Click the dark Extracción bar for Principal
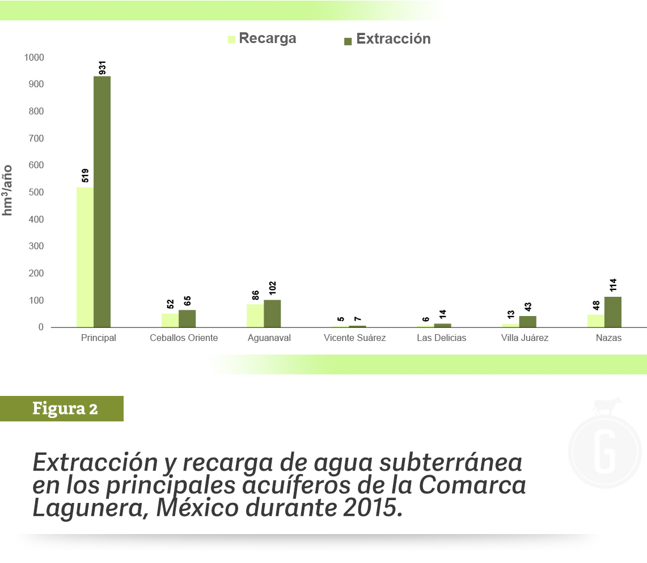[102, 202]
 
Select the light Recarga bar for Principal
[85, 257]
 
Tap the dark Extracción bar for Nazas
[613, 312]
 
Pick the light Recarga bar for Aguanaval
[255, 316]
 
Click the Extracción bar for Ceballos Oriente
[187, 319]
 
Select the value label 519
[86, 176]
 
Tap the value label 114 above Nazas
[613, 285]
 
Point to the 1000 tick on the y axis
[33, 58]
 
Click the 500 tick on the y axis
[36, 193]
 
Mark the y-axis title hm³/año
[8, 190]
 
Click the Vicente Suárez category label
[355, 338]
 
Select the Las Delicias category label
[441, 338]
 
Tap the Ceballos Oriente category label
[184, 338]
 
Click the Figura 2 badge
[64, 408]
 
